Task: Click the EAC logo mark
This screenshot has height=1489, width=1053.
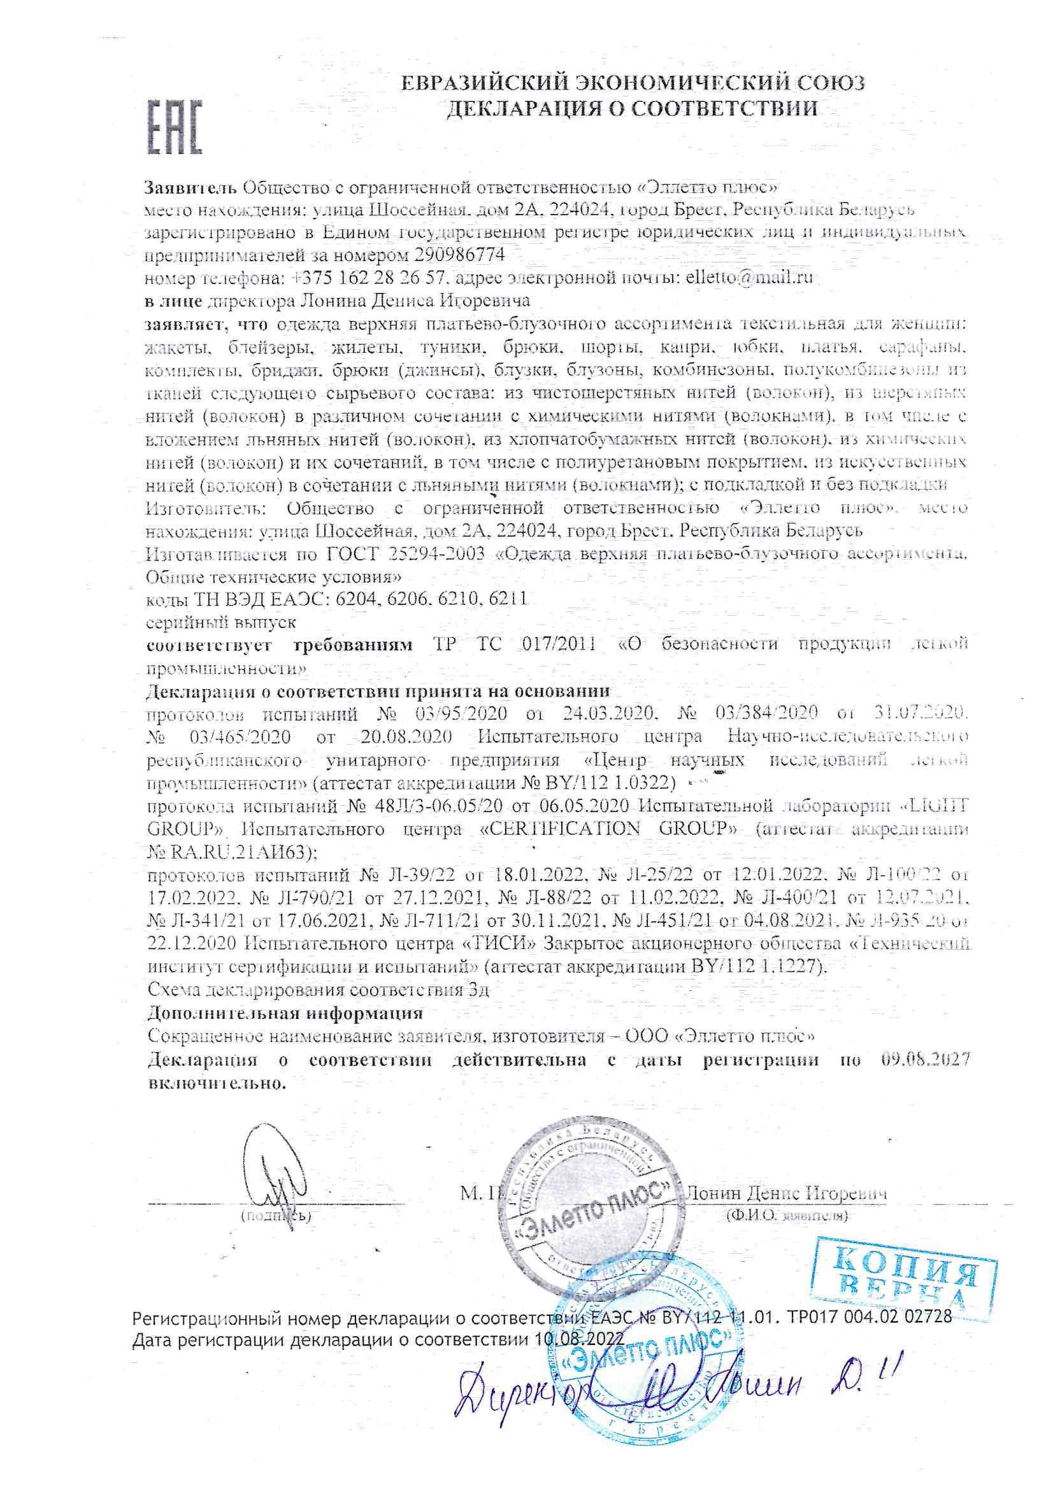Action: point(175,127)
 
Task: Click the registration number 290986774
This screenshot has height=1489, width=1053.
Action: point(459,255)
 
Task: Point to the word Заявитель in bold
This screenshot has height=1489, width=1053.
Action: point(190,188)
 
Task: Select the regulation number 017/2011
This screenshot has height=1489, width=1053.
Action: point(559,644)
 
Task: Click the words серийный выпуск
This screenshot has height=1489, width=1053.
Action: point(220,622)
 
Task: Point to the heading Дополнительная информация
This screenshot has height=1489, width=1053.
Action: point(285,1013)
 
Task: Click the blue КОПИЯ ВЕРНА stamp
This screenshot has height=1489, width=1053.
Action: point(905,1283)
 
